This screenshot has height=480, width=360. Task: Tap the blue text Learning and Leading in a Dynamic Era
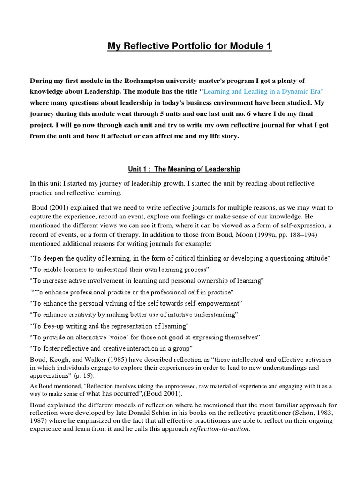pyautogui.click(x=257, y=91)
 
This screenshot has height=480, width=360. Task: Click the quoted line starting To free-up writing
pyautogui.click(x=109, y=326)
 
